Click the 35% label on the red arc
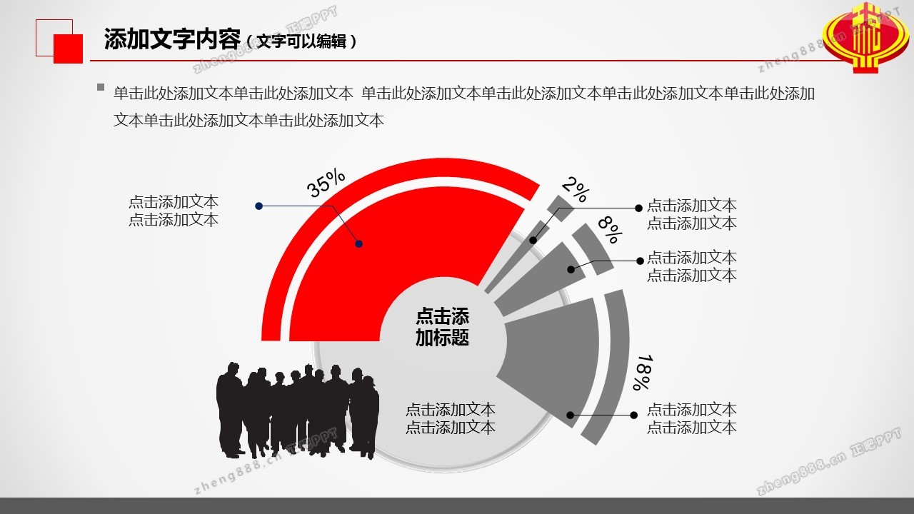[x=326, y=183]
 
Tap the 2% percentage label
[x=576, y=189]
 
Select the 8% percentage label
[x=611, y=229]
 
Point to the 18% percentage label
[x=645, y=372]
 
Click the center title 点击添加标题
[x=442, y=327]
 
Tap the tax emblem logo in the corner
[x=865, y=38]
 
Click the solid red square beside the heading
[x=68, y=49]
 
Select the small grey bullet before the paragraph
[x=101, y=87]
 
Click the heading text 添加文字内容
[x=172, y=39]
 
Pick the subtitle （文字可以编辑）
[x=302, y=41]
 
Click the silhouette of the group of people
[x=298, y=410]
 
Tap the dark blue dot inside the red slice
[x=358, y=244]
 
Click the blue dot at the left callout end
[x=258, y=206]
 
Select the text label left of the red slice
[x=174, y=211]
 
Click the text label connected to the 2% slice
[x=692, y=214]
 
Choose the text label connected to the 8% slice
[x=692, y=266]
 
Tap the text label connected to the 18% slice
[x=692, y=418]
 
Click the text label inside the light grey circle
[x=451, y=418]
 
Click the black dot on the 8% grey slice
[x=571, y=269]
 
